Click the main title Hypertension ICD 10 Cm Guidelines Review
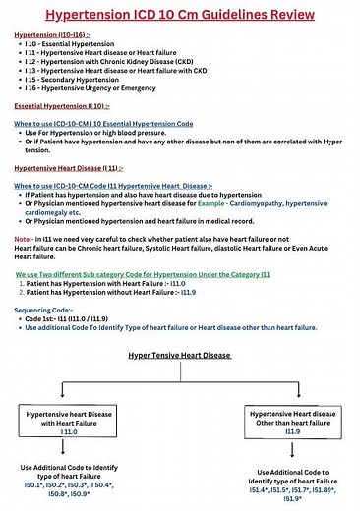point(179,14)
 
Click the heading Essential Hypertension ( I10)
point(60,105)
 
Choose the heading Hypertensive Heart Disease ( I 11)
point(69,168)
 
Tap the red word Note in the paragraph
point(26,237)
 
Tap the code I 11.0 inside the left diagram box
point(69,430)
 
